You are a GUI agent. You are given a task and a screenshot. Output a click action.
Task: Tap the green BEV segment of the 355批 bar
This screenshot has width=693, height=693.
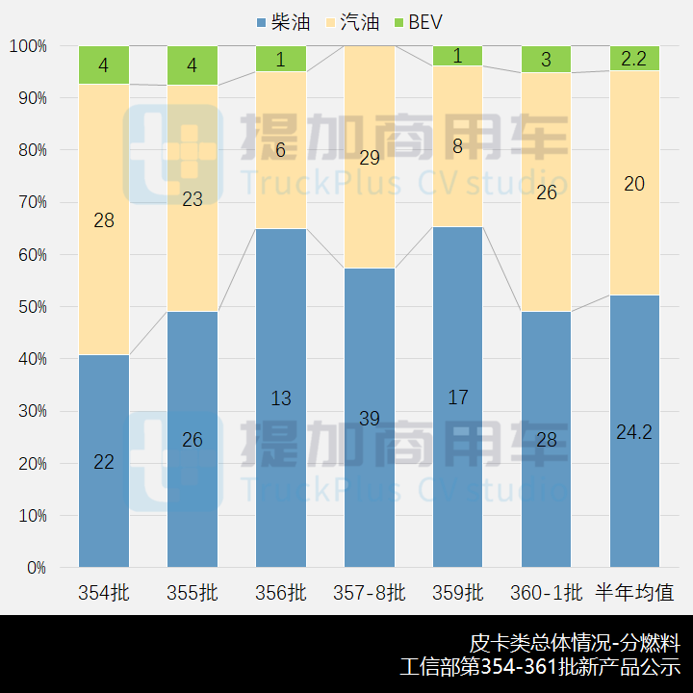[192, 65]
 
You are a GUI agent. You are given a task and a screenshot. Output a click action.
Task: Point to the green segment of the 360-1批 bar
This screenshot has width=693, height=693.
[546, 59]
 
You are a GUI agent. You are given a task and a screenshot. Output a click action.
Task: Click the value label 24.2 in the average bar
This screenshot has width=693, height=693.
[634, 432]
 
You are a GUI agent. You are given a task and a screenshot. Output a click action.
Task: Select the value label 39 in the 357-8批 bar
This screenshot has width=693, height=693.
[370, 418]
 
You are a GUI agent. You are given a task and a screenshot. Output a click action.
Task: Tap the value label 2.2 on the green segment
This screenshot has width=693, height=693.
[634, 59]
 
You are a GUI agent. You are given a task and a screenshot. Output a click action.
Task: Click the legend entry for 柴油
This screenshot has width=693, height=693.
[282, 22]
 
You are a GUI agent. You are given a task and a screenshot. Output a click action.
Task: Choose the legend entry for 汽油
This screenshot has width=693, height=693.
[352, 22]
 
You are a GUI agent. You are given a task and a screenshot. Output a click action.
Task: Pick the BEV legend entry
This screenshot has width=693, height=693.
[416, 22]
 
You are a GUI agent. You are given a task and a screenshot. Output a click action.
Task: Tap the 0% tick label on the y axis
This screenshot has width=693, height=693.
[36, 568]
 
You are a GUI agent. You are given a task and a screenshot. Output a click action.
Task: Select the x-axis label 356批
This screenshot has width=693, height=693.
[280, 593]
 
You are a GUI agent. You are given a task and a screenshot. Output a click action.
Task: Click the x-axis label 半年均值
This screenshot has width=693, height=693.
[634, 593]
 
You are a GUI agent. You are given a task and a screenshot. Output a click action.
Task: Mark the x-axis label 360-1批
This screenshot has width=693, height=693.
[546, 593]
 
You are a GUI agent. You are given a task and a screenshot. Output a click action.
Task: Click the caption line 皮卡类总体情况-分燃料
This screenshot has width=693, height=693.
[575, 642]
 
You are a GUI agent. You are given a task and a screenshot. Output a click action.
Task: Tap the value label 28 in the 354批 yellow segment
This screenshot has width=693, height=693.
[104, 220]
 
